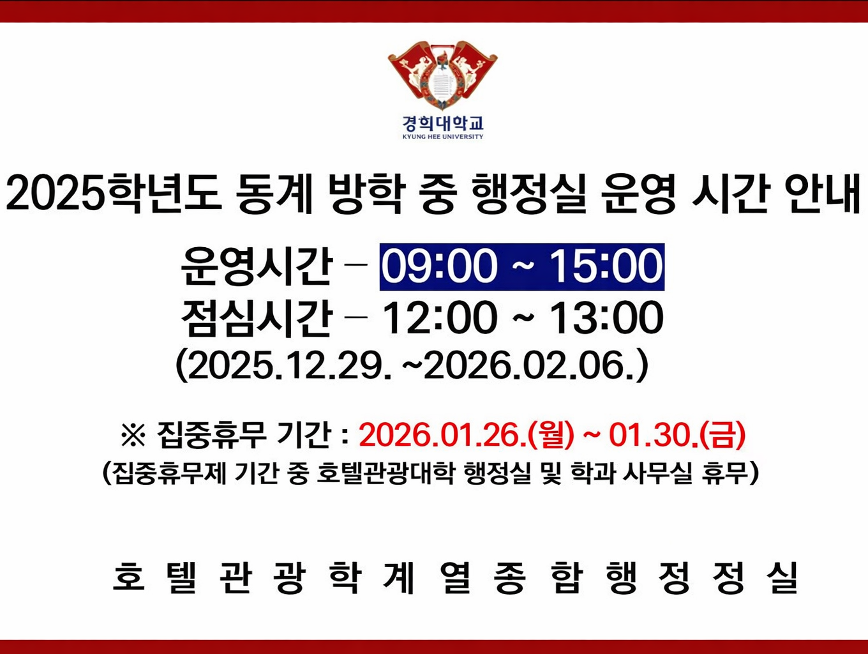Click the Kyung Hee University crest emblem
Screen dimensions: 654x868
click(442, 75)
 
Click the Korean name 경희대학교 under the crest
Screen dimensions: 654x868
click(442, 123)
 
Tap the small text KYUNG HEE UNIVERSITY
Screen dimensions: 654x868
click(442, 137)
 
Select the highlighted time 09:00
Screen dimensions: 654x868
click(439, 267)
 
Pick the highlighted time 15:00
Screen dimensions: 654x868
click(606, 267)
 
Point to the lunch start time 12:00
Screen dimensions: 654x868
click(439, 318)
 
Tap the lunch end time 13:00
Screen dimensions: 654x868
click(606, 318)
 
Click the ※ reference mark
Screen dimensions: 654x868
click(133, 436)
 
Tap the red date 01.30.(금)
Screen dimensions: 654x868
click(677, 436)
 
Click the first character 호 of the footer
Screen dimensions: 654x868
click(129, 577)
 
